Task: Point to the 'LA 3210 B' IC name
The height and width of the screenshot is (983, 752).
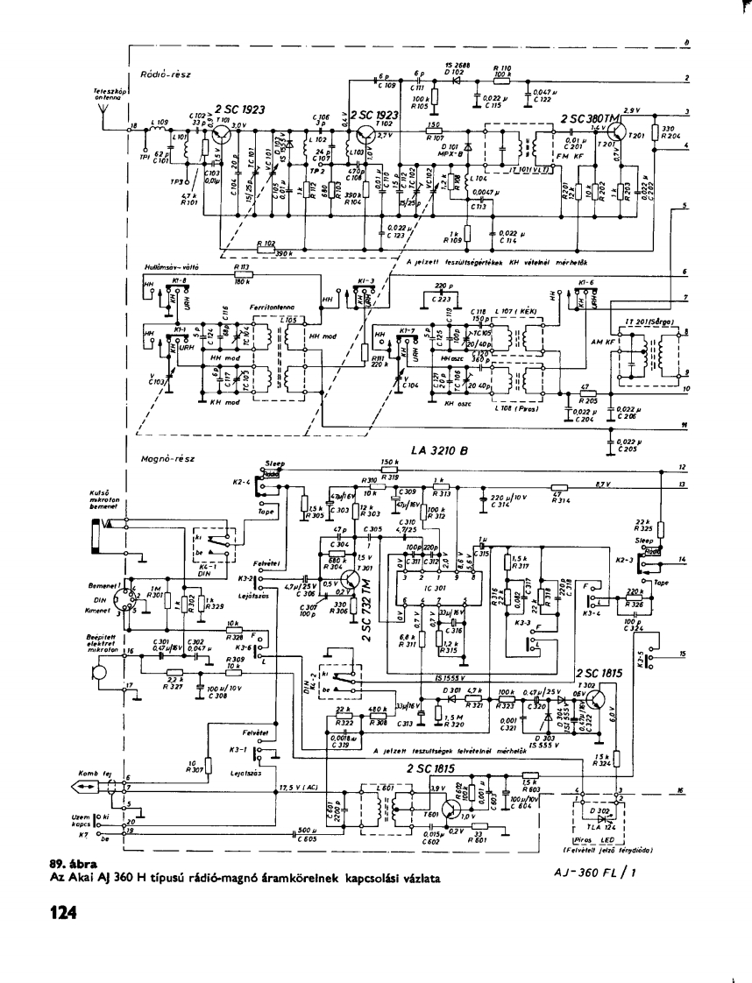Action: (439, 452)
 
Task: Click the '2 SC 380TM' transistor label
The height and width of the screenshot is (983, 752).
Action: (594, 118)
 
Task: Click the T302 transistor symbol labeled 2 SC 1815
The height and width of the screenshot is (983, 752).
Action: (597, 697)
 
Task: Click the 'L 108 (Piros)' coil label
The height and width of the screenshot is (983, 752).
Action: (517, 409)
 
